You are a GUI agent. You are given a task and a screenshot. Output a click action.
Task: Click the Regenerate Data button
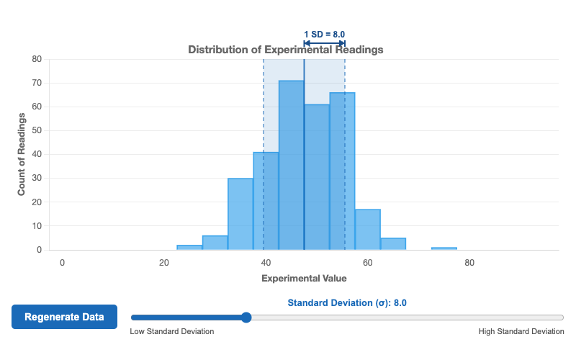64,317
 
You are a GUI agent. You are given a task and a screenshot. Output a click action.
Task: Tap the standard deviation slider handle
246,317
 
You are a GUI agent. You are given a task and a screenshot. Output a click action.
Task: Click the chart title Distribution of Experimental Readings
285,50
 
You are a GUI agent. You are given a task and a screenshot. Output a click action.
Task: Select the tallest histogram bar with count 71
291,166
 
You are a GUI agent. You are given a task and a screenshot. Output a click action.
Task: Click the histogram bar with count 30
240,214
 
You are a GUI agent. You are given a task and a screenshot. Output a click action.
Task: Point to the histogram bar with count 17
368,230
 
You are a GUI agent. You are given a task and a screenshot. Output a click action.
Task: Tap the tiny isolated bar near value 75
444,248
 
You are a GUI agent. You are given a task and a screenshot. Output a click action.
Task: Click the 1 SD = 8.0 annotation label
324,34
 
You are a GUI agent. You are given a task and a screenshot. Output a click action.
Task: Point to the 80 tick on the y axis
37,59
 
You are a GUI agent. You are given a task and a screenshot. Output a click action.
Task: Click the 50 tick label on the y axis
37,130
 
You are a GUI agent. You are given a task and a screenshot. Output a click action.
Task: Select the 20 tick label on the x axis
164,263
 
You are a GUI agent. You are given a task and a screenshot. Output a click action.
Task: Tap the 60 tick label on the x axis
368,263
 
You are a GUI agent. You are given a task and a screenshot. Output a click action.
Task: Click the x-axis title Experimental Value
304,278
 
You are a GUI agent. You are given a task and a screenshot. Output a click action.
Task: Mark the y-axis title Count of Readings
22,154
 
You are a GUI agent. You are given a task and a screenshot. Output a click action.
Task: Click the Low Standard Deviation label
172,332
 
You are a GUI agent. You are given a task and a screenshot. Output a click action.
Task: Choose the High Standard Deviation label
521,332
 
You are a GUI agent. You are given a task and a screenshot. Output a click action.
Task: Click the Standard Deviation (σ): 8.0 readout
347,303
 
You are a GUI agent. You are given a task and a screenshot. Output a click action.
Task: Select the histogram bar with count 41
266,201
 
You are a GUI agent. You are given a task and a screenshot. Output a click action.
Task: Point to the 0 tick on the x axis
63,263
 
